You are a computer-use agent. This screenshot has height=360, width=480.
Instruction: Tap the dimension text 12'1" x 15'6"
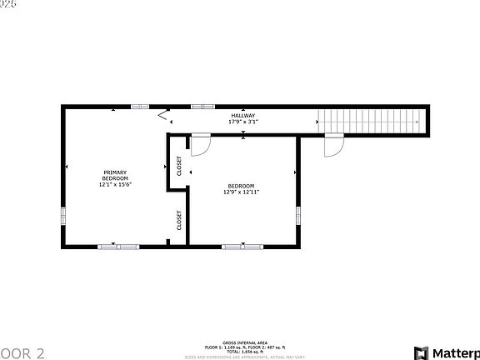click(115, 184)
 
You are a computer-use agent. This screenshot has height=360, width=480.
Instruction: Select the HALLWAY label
click(243, 116)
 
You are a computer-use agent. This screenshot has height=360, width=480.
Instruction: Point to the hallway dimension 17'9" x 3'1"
click(243, 122)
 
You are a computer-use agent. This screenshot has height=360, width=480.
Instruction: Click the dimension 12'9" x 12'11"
click(242, 192)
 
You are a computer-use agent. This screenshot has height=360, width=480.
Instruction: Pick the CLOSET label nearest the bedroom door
click(178, 166)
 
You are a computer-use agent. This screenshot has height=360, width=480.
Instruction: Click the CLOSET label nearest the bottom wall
click(178, 219)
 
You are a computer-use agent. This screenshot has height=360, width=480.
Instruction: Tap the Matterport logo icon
click(422, 352)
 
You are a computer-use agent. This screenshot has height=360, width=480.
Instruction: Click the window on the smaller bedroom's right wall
click(297, 214)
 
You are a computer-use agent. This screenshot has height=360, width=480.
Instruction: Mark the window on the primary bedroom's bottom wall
click(118, 246)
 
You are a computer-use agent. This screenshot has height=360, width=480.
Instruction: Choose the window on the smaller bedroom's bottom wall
click(242, 246)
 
